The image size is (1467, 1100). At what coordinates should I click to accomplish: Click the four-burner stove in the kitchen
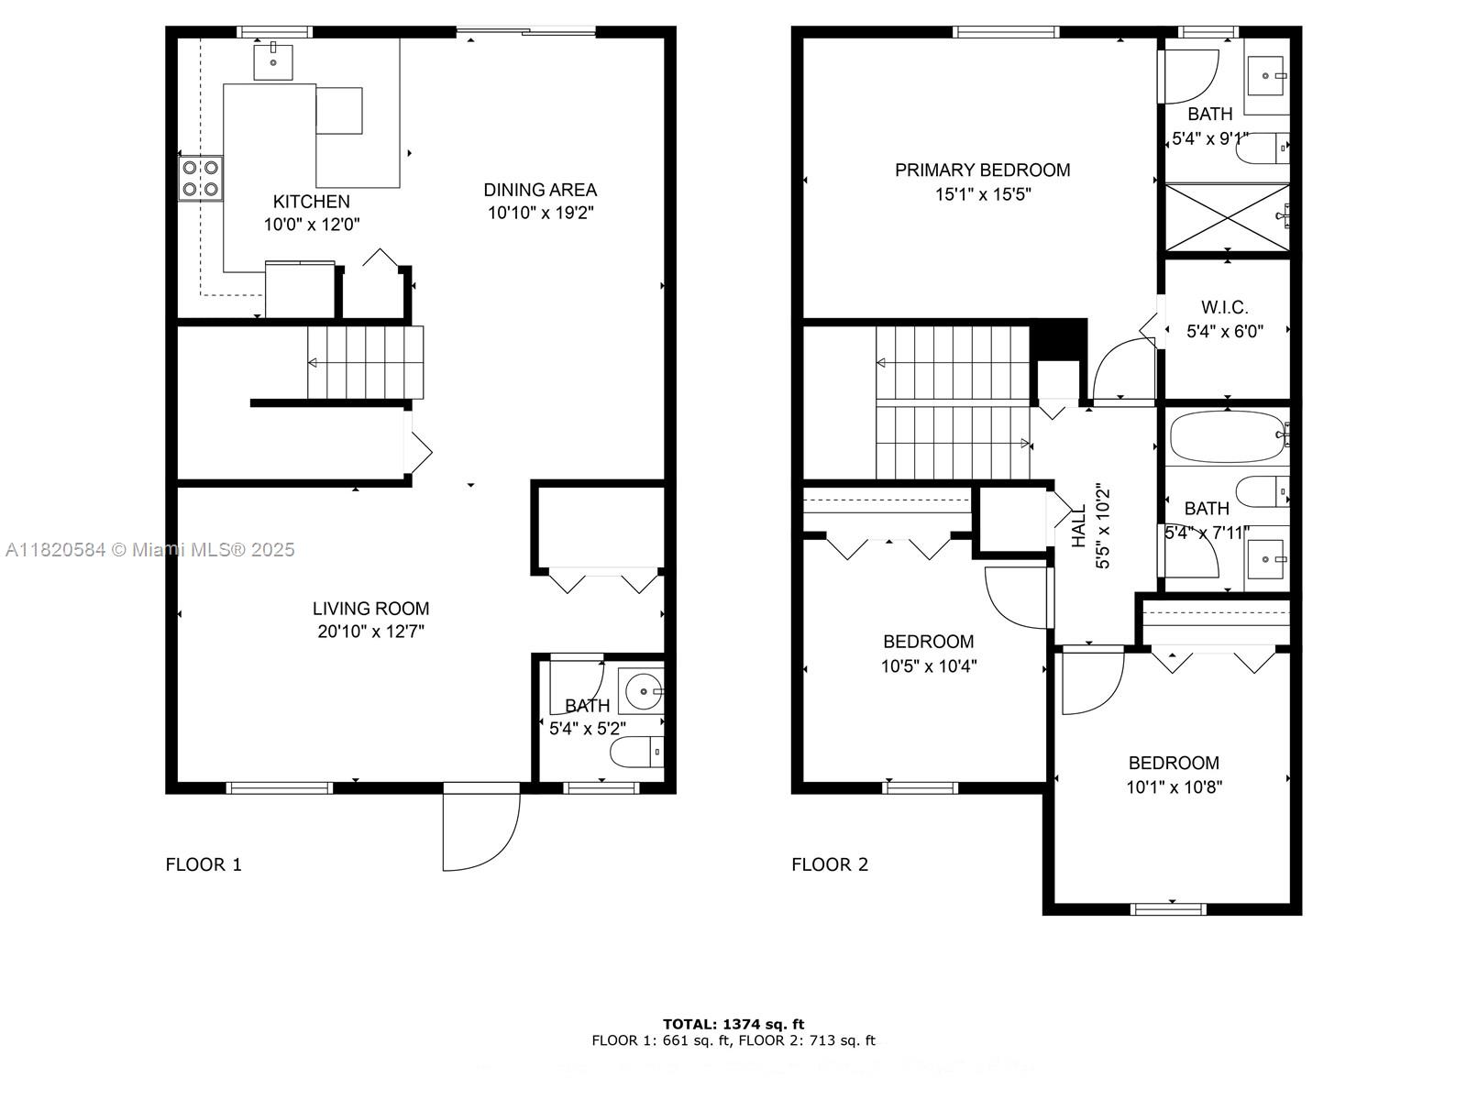201,178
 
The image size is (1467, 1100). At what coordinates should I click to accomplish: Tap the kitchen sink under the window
272,61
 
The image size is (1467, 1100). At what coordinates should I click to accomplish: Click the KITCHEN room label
312,202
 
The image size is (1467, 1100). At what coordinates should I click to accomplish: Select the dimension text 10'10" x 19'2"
541,213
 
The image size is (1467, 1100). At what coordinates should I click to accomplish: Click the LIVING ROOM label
370,608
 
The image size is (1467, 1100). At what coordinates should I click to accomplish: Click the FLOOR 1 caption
204,864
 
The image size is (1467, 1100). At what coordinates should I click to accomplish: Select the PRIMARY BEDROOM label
982,170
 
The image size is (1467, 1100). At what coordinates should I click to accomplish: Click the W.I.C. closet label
1225,308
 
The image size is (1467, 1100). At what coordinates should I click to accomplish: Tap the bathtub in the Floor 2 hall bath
1227,436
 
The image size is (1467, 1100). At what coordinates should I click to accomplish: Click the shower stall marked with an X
1226,216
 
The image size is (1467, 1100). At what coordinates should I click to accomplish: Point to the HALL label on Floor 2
1079,526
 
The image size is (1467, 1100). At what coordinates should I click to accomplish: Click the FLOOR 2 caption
830,864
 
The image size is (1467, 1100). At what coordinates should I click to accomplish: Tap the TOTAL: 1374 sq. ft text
733,1024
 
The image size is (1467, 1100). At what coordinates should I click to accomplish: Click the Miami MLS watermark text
150,550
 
